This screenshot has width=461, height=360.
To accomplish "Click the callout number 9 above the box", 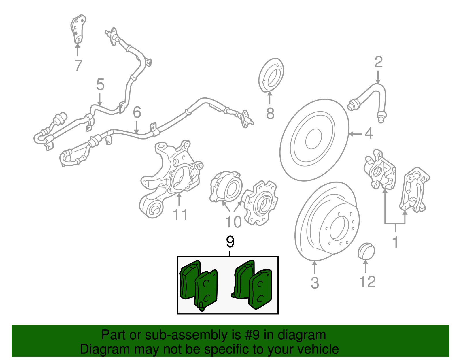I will pyautogui.click(x=230, y=242).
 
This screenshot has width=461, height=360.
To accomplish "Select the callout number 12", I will pyautogui.click(x=368, y=282).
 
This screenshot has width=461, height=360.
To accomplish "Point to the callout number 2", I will pyautogui.click(x=378, y=62).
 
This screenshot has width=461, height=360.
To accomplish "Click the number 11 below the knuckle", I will pyautogui.click(x=180, y=215).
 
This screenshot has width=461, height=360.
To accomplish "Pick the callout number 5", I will pyautogui.click(x=100, y=84).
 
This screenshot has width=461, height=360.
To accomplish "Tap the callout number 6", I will pyautogui.click(x=137, y=112).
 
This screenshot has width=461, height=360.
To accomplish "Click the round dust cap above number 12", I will pyautogui.click(x=366, y=251).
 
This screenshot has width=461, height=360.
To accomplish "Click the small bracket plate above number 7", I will pyautogui.click(x=78, y=29).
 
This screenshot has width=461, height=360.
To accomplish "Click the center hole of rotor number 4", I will pyautogui.click(x=313, y=138).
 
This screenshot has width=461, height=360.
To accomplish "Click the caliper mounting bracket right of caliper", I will pyautogui.click(x=414, y=190).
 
